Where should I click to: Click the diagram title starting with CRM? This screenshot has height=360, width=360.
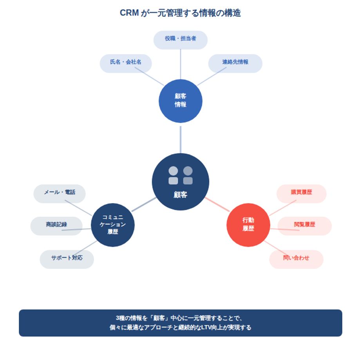click(180, 13)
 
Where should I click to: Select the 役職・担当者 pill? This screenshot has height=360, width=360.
click(180, 39)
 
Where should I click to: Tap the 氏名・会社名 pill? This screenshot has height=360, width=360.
click(126, 62)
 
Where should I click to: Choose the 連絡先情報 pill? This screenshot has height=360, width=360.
click(235, 62)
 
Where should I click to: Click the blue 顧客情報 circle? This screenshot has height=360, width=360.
click(180, 101)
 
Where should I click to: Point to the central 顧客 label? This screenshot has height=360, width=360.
click(180, 194)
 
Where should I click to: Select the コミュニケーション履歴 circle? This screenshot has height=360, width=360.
click(113, 225)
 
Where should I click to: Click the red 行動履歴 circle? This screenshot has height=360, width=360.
click(248, 225)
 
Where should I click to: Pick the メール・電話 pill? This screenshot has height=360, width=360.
click(60, 193)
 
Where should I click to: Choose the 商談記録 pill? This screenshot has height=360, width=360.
click(56, 225)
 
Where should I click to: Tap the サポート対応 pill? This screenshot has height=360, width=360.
click(67, 258)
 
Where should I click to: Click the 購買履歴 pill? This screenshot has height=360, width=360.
click(302, 193)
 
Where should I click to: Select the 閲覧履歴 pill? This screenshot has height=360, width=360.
click(304, 225)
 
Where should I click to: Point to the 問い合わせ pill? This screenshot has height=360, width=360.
click(296, 258)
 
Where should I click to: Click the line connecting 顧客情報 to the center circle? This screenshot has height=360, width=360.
click(180, 139)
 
